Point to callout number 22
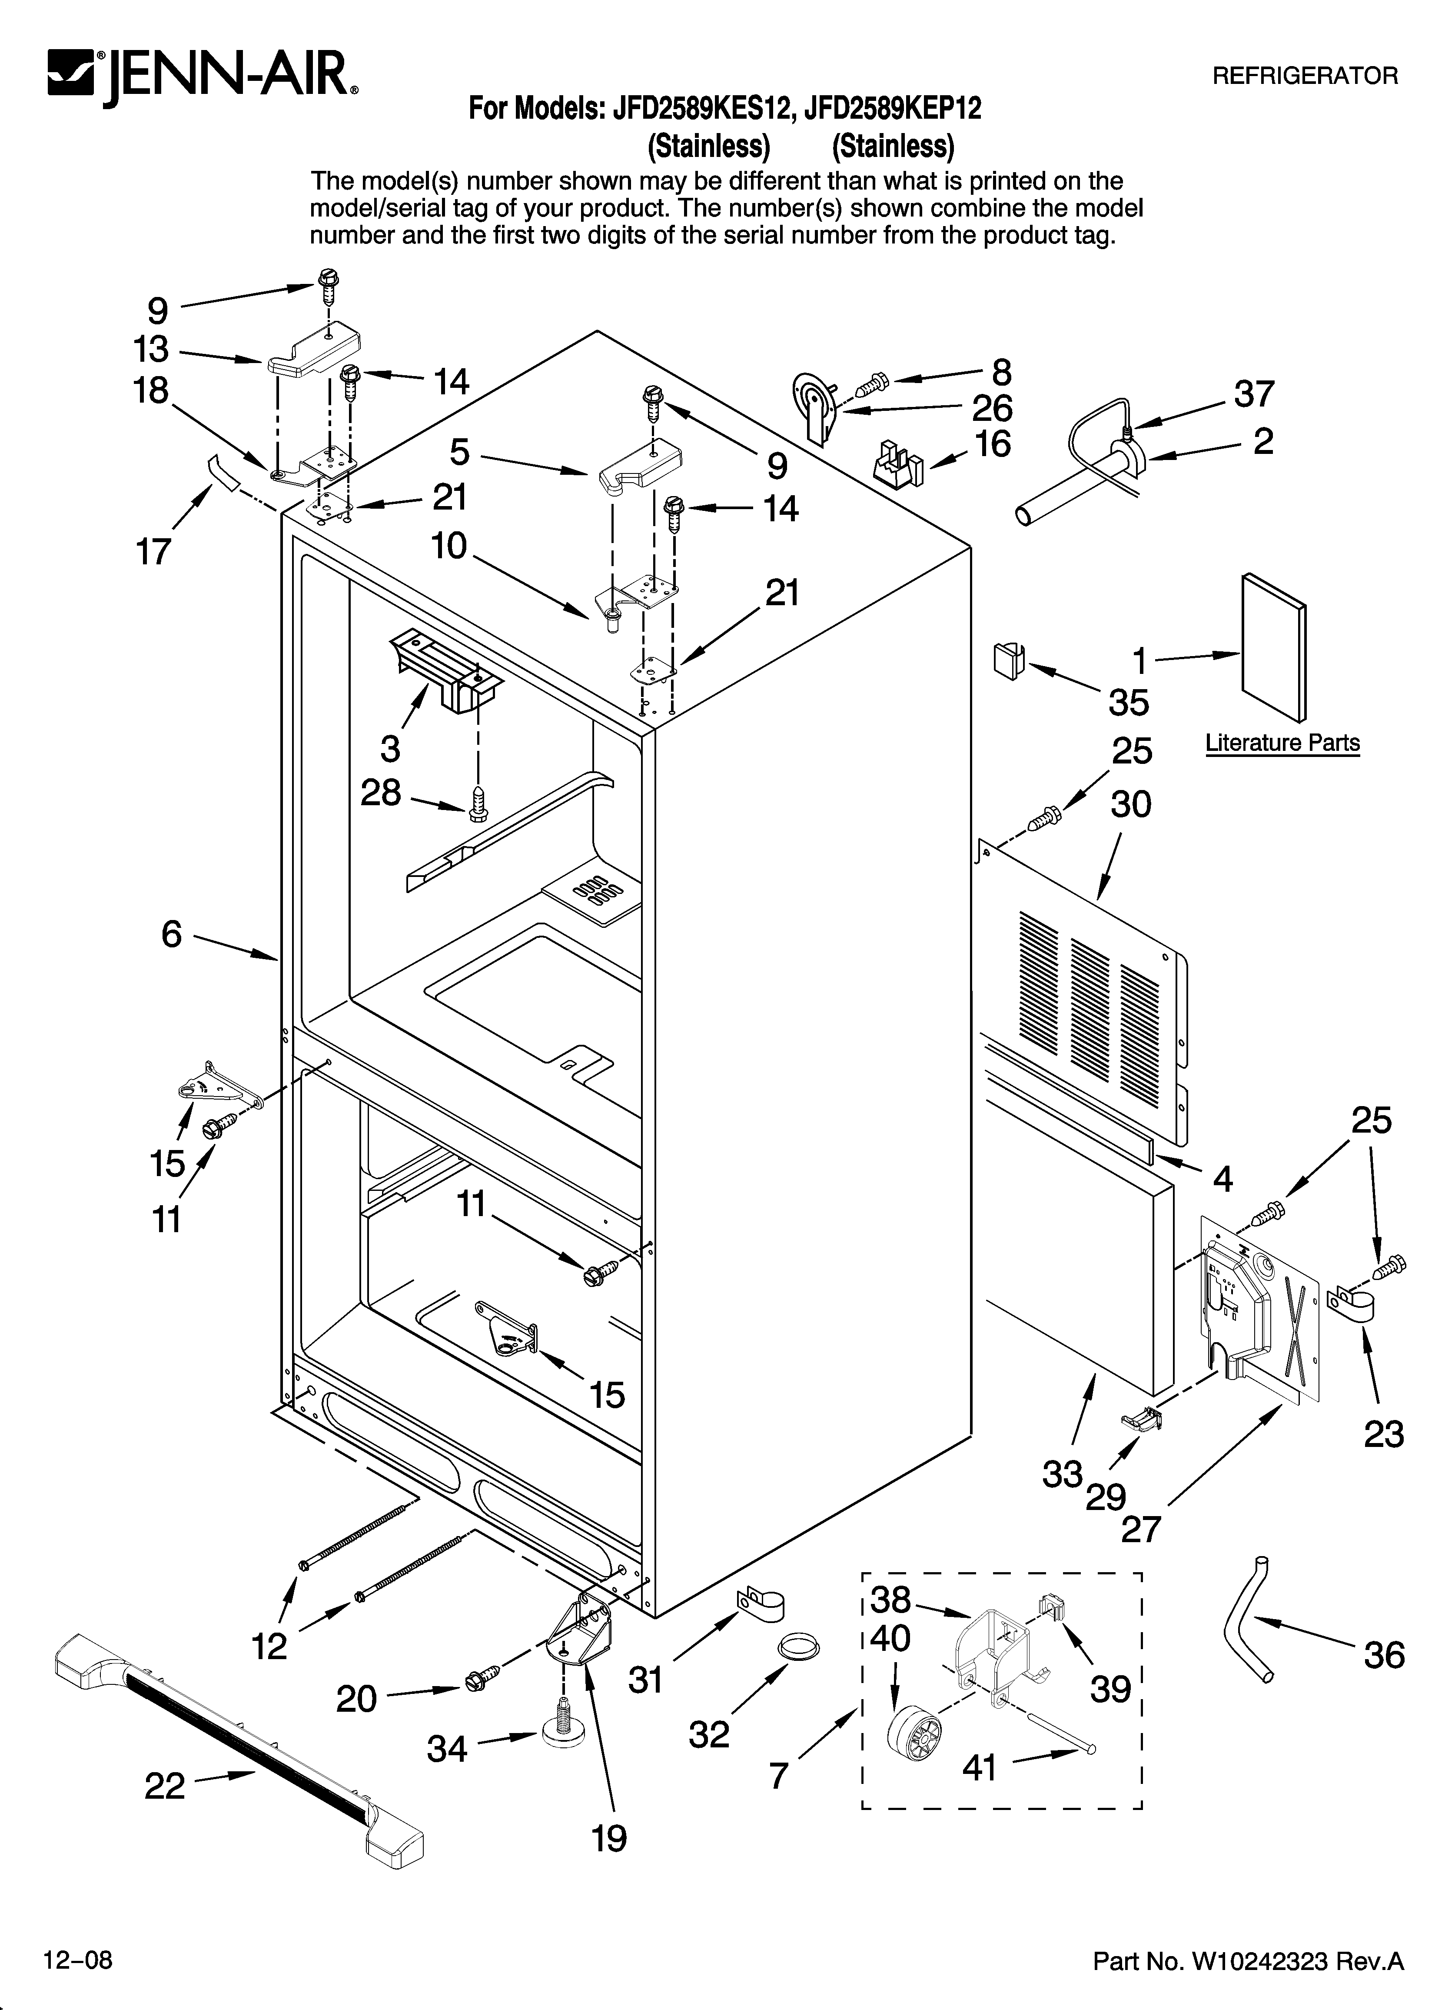click(x=165, y=1786)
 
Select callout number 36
click(x=1384, y=1655)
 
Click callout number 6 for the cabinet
click(x=171, y=934)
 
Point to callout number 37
click(x=1254, y=393)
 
